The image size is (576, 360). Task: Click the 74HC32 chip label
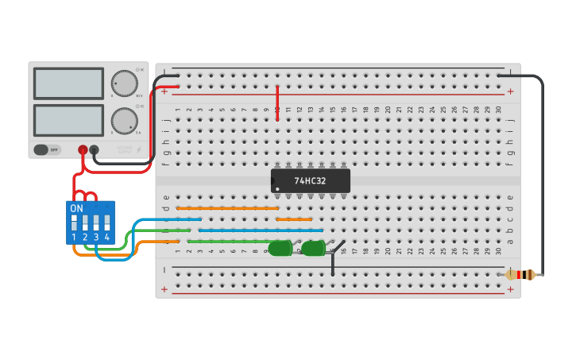(x=310, y=180)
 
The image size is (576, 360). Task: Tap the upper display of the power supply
(x=68, y=83)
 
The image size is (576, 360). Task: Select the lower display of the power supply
(x=68, y=120)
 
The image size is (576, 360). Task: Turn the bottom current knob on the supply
(x=123, y=121)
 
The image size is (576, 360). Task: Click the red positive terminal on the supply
(x=83, y=149)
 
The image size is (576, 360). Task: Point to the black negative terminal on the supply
(x=94, y=149)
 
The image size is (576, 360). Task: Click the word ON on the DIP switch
(x=76, y=208)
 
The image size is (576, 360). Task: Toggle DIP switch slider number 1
(x=74, y=222)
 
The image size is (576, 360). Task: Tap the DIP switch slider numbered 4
(x=106, y=222)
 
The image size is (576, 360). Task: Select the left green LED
(x=280, y=249)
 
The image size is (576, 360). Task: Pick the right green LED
(x=313, y=249)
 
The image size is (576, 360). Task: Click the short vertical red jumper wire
(x=277, y=103)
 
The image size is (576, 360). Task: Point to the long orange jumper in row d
(x=227, y=208)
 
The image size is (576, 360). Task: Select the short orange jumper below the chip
(x=294, y=219)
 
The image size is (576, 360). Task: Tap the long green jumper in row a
(x=230, y=241)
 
